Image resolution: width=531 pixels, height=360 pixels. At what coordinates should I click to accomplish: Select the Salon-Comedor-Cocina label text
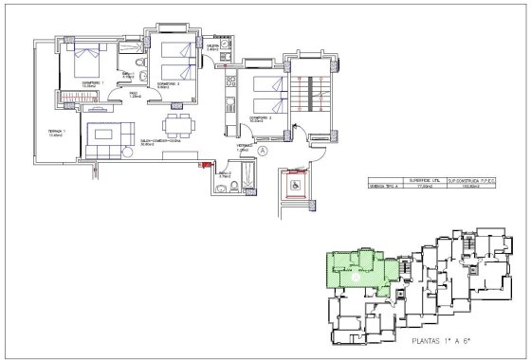point(160,142)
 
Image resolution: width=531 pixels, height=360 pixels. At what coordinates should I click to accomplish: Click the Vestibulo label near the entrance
point(243,147)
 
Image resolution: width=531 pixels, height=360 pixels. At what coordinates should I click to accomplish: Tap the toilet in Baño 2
point(222,188)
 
